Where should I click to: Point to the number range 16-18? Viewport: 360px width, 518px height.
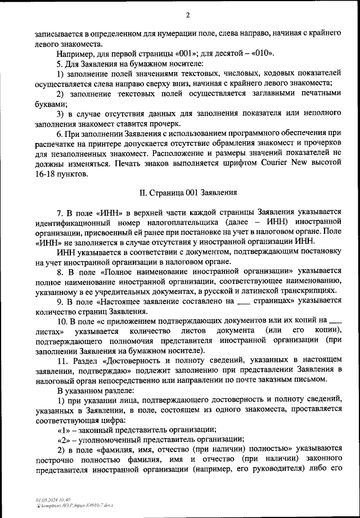[x=44, y=174]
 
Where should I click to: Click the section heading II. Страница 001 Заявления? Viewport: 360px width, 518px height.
[x=188, y=192]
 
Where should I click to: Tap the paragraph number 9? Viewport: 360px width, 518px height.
[x=60, y=301]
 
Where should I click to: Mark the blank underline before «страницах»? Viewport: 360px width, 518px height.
[x=242, y=301]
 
